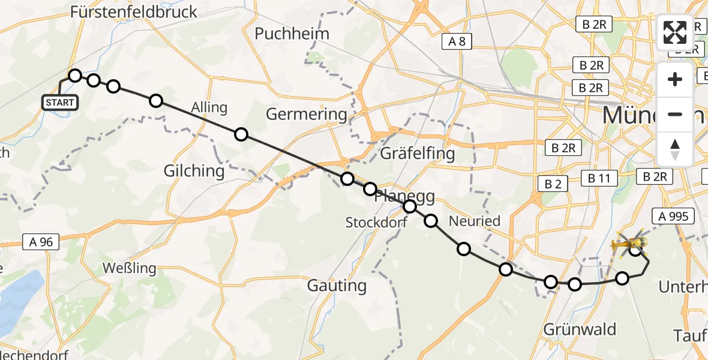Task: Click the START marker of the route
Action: click(60, 103)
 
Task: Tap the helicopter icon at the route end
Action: click(628, 244)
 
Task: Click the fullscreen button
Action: click(675, 32)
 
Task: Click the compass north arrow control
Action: click(675, 149)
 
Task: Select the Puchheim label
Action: click(292, 34)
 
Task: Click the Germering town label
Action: click(307, 114)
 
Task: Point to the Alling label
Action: click(209, 108)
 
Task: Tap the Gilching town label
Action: click(194, 171)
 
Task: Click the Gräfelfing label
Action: click(418, 154)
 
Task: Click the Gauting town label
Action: click(337, 286)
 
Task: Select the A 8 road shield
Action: click(457, 41)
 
